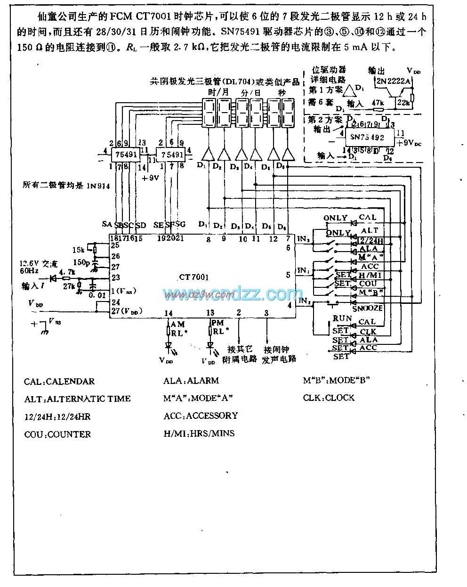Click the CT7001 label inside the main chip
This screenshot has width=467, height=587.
(x=193, y=278)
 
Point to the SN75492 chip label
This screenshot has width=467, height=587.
(x=368, y=138)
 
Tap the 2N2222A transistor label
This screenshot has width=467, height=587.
(x=393, y=81)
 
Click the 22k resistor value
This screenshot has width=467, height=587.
(x=403, y=102)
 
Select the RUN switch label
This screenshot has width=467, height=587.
(x=342, y=318)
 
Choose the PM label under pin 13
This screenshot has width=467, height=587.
(x=217, y=323)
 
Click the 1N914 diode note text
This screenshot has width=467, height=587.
(x=66, y=186)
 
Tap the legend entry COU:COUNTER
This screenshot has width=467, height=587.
(x=57, y=434)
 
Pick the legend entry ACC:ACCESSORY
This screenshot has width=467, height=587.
(x=201, y=416)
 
